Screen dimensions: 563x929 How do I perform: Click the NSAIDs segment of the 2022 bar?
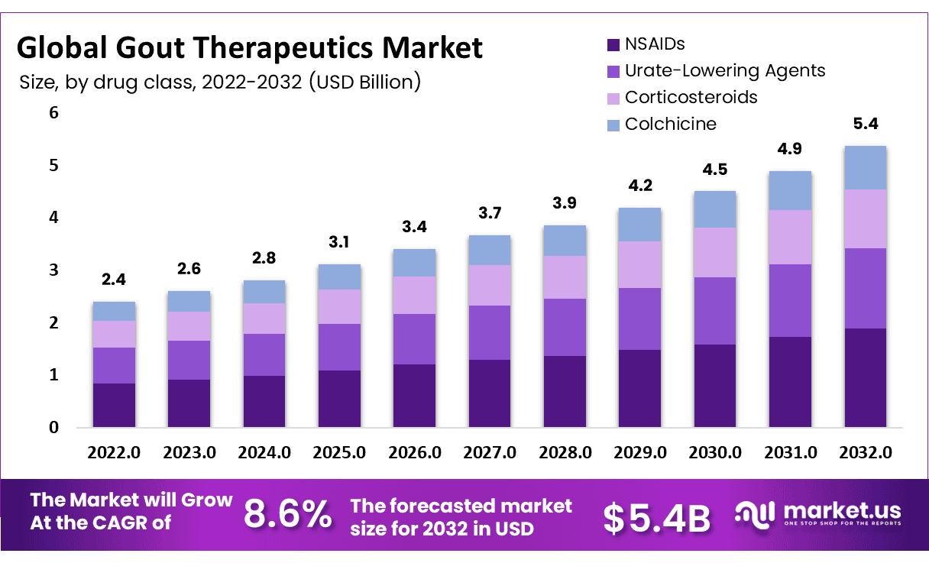point(114,405)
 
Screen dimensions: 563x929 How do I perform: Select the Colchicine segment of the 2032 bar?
point(865,167)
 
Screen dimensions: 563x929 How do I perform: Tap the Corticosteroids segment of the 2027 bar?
point(489,285)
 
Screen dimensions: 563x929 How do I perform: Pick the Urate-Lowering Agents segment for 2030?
point(714,311)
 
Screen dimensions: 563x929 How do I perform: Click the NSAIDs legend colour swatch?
point(613,45)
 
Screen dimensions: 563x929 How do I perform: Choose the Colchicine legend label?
point(670,124)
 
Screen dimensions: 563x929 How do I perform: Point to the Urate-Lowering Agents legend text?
point(724,71)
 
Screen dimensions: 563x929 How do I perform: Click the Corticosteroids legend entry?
point(691,98)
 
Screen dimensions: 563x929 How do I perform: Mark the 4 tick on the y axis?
point(53,218)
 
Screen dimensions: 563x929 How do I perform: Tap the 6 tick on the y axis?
point(53,113)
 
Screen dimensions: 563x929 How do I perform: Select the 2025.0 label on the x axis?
point(339,452)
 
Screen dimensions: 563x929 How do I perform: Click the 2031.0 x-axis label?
point(791,452)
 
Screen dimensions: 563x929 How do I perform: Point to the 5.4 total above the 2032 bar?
point(865,124)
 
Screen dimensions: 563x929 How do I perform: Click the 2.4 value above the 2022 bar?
point(114,280)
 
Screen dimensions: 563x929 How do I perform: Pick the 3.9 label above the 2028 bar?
point(565,204)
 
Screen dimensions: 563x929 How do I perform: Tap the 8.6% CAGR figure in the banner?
point(288,516)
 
